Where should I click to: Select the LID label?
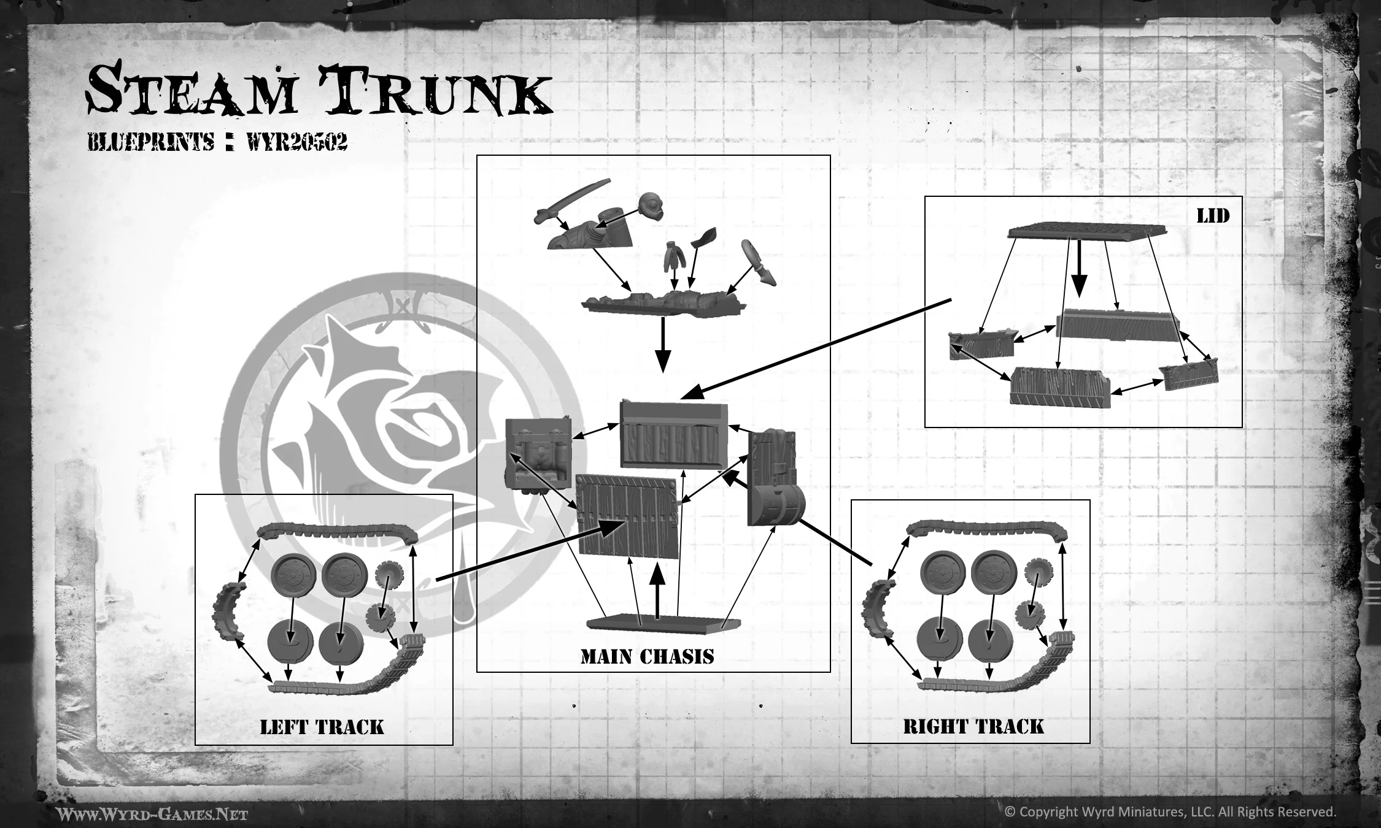pos(1213,216)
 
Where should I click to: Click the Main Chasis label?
pos(647,657)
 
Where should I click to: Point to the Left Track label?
pos(322,727)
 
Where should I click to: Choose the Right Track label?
pos(973,727)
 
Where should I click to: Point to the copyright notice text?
pos(1170,811)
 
